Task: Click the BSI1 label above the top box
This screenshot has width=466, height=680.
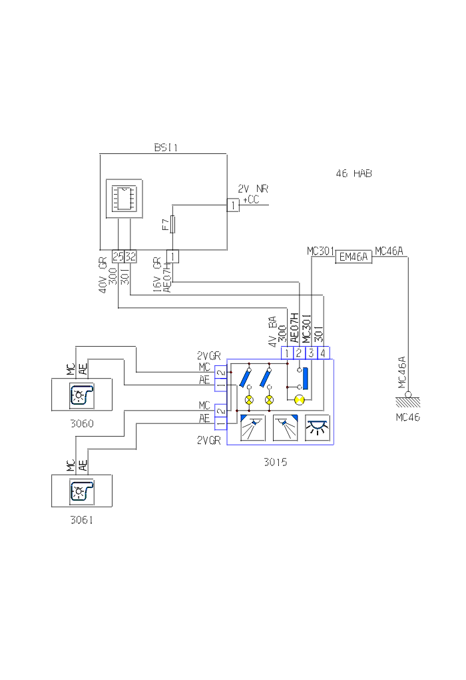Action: (x=166, y=148)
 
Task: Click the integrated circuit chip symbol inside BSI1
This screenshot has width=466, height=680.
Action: (x=124, y=198)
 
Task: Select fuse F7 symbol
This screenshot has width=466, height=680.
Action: (x=173, y=225)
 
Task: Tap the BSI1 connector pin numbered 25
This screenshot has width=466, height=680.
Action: (x=118, y=256)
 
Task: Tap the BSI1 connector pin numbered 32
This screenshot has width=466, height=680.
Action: (x=130, y=256)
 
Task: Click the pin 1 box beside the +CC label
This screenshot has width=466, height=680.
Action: (x=232, y=205)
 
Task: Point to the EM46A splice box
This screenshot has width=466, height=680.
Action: (x=353, y=257)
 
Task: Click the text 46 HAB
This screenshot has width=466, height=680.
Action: (x=354, y=174)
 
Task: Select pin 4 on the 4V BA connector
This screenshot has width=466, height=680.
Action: (x=323, y=353)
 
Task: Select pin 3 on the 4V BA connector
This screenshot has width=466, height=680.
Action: (x=311, y=353)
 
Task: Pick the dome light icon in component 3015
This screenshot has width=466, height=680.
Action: (x=317, y=427)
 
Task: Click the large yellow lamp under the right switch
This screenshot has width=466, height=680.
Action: (x=300, y=399)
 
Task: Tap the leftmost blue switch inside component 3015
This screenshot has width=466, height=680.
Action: (x=245, y=378)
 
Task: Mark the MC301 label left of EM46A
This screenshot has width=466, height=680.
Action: (x=320, y=251)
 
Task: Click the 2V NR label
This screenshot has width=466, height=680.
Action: (x=254, y=189)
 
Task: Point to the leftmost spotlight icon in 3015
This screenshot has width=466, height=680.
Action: (x=252, y=427)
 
